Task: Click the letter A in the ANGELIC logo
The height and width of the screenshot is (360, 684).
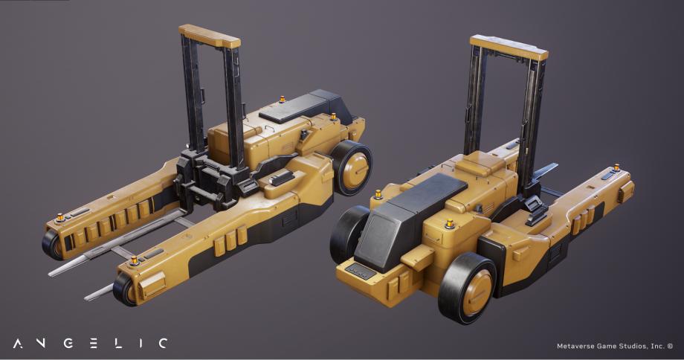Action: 18,343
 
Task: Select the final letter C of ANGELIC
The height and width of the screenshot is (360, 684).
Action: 162,343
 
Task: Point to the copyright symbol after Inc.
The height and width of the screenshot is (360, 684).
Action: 670,345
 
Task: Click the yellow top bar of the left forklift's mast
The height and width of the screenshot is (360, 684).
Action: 210,36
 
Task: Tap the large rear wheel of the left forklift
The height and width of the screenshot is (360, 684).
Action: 352,168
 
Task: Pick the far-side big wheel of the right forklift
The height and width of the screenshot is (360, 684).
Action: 349,234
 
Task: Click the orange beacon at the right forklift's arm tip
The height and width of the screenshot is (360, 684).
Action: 616,167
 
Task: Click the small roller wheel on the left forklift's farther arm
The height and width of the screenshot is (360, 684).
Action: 53,243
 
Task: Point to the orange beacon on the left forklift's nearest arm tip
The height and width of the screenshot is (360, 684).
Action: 134,260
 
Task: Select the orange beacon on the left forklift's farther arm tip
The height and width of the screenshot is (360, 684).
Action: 59,217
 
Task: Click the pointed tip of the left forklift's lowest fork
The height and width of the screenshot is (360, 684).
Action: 87,298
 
